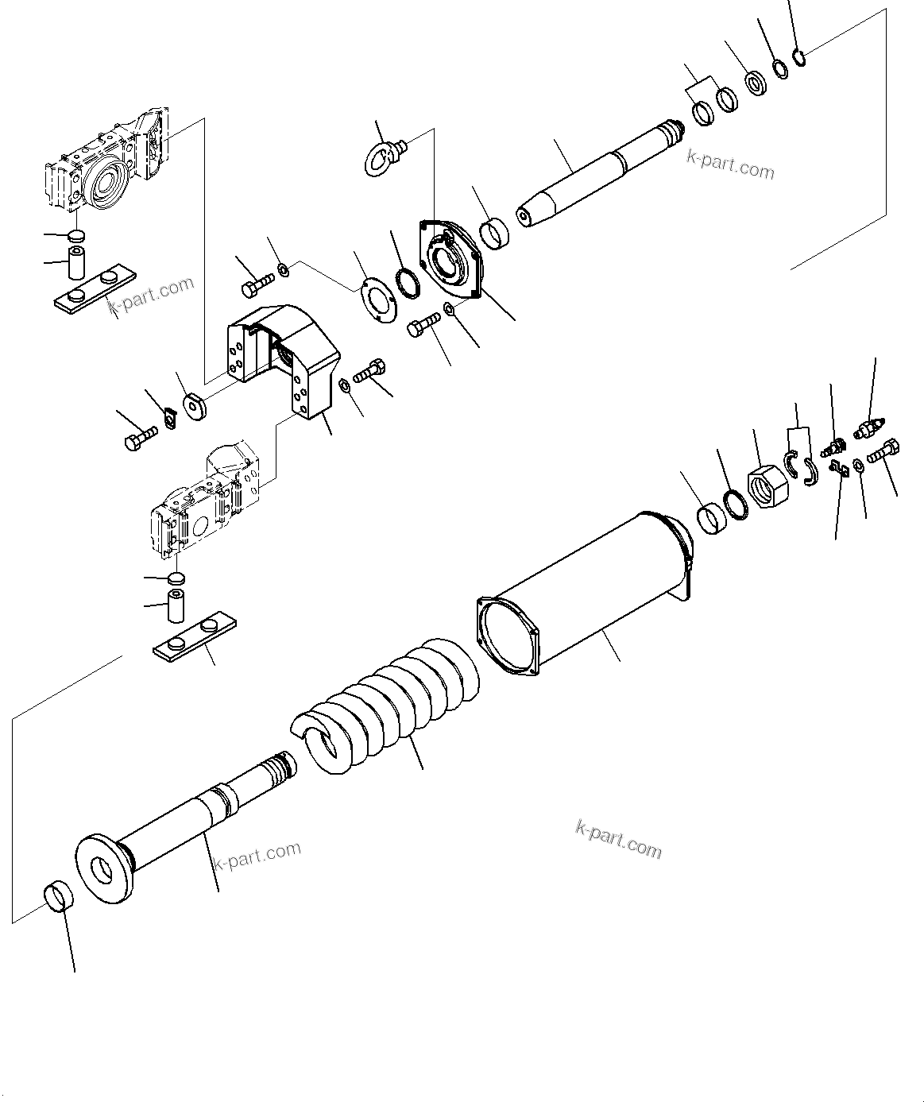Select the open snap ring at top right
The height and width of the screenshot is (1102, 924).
[800, 57]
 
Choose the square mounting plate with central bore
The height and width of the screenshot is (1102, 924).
[450, 259]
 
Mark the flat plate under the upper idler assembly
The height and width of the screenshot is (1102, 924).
[94, 292]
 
